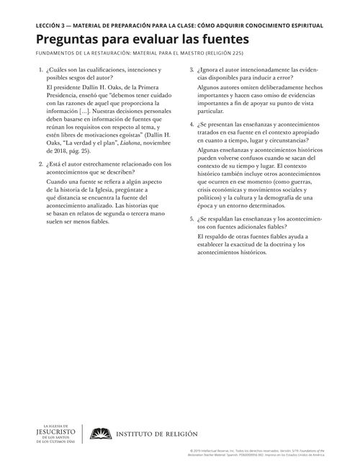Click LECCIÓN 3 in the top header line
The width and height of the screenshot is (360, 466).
41,26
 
